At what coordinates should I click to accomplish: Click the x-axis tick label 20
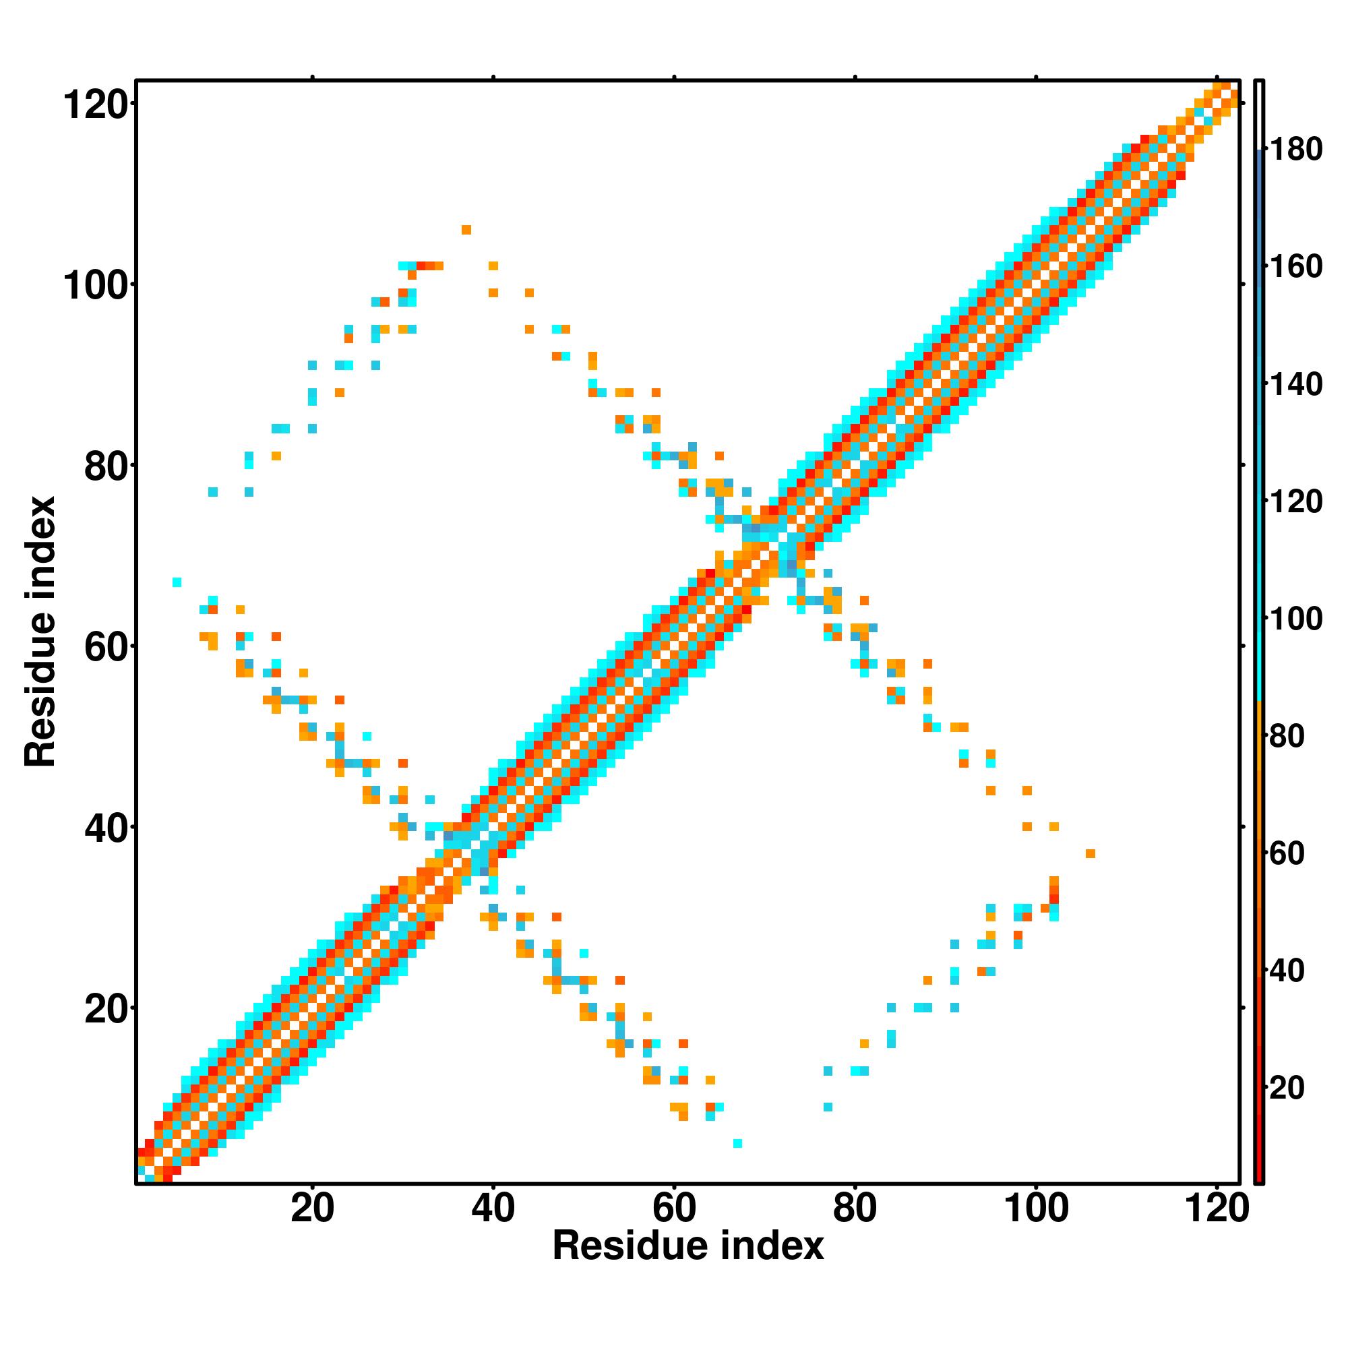coord(312,1208)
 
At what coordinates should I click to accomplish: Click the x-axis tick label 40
coord(493,1208)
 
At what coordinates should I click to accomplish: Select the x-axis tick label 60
coord(674,1208)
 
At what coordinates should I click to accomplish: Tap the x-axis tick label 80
coord(855,1208)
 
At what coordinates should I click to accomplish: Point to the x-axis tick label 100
coord(1035,1208)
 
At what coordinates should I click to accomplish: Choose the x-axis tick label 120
coord(1217,1208)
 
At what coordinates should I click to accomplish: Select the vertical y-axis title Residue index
coord(40,632)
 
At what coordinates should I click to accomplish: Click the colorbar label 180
coord(1295,150)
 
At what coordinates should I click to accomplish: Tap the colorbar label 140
coord(1295,384)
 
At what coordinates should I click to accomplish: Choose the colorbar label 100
coord(1295,618)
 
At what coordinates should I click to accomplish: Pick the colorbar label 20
coord(1287,1087)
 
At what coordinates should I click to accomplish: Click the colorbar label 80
coord(1287,735)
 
